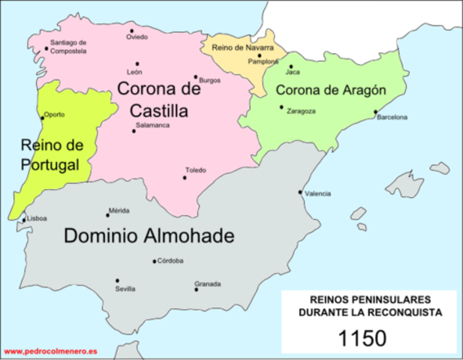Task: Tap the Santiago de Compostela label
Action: point(68,46)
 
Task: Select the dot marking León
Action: point(137,64)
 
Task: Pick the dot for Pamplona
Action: point(259,55)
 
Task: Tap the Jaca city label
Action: point(293,73)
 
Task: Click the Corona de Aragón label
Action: point(330,90)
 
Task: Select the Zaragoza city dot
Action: point(282,107)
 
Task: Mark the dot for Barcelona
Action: point(376,112)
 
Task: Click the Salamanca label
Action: point(152,124)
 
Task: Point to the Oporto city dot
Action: point(42,117)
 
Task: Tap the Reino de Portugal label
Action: point(50,154)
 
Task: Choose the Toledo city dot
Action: point(185,177)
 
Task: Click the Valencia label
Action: point(318,193)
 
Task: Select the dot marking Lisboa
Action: point(23,218)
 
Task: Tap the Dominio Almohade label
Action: point(149,236)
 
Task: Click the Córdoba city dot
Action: point(155,262)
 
